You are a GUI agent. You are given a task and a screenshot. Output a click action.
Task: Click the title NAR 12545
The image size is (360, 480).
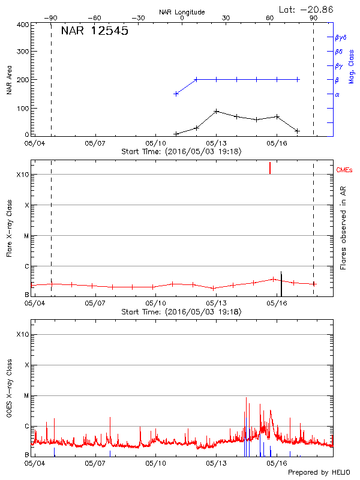coord(94,31)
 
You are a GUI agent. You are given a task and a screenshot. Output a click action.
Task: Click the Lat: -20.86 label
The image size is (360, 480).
coord(307,9)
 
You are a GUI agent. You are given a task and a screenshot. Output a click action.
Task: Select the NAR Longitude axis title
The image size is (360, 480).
coord(182,12)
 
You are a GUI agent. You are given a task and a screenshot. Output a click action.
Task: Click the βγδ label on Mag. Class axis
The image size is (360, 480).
coord(340,37)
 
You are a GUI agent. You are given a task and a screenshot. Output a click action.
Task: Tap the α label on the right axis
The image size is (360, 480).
coord(337,94)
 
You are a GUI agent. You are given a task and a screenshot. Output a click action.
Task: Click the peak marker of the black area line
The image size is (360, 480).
coord(216,112)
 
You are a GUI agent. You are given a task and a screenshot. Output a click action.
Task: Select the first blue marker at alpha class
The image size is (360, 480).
coord(176,94)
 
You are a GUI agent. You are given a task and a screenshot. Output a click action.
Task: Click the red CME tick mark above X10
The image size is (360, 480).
coord(270,167)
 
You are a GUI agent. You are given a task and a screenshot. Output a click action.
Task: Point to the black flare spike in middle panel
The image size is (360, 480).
coord(281,282)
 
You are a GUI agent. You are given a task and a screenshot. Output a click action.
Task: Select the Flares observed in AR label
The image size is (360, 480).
coord(343,227)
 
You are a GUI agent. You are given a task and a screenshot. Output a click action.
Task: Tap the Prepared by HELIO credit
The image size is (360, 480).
coord(319,472)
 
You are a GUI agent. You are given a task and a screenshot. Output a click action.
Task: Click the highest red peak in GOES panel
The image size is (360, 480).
coord(246,398)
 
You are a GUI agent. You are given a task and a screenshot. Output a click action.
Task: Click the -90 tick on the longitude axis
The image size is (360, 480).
coord(52,18)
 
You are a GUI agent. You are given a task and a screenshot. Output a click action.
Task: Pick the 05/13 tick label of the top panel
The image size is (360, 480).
coord(216,144)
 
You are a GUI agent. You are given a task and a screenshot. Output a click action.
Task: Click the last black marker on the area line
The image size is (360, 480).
coord(297,131)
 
